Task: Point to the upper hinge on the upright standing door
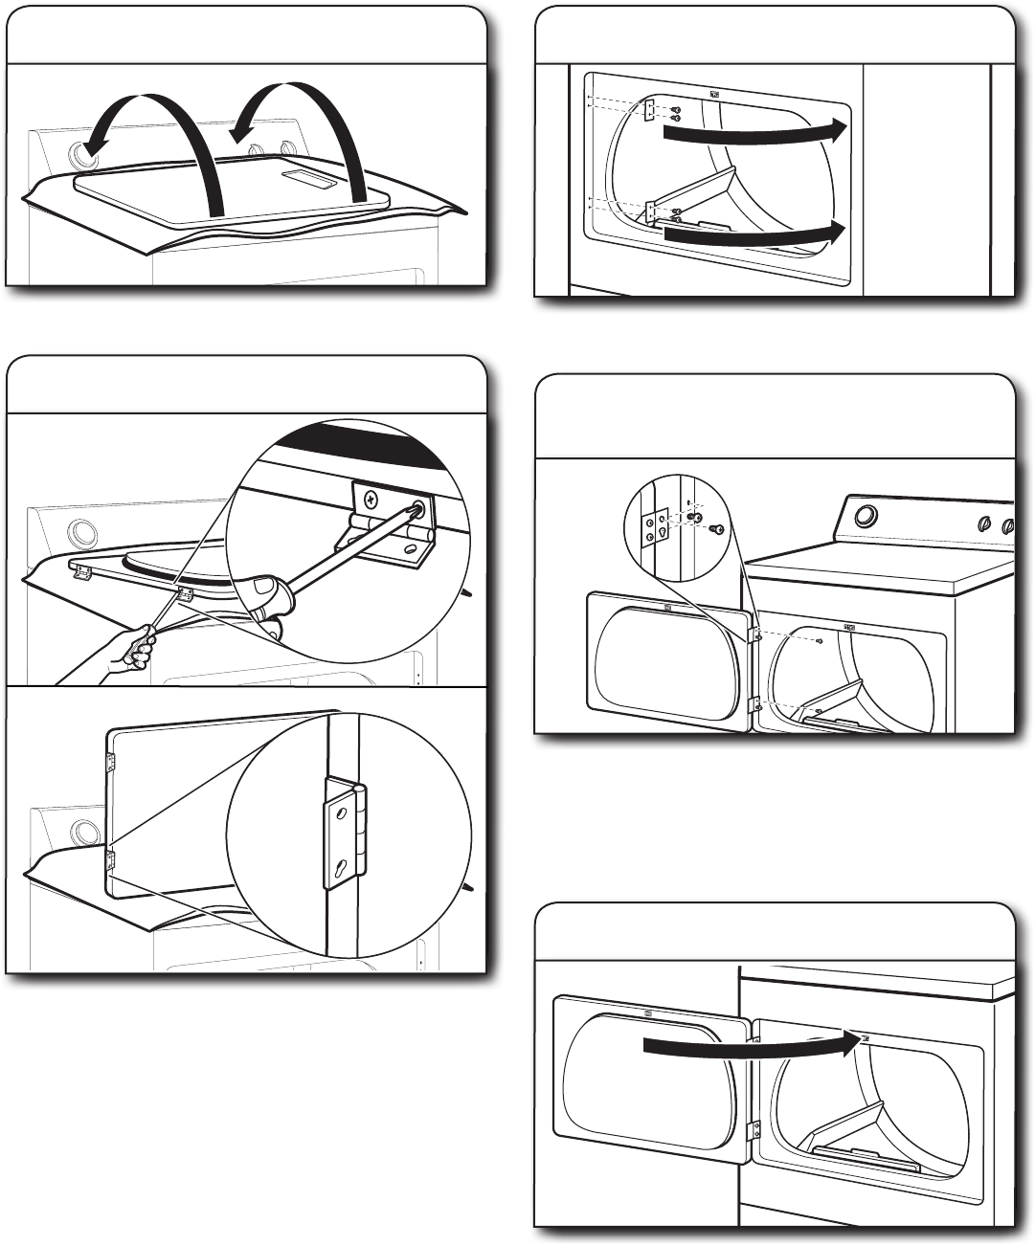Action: (109, 763)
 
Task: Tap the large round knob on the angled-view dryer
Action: (866, 516)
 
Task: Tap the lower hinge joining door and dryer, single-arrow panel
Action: (753, 1130)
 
